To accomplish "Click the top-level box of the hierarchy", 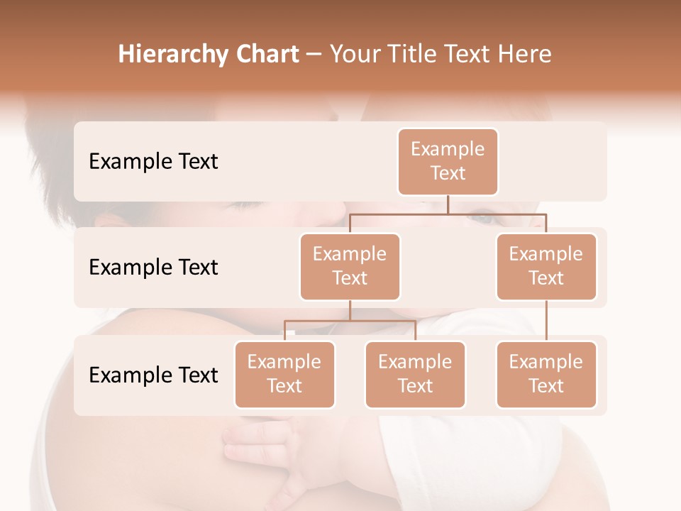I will (448, 162).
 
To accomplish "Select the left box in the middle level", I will (350, 267).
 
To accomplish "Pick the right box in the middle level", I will (546, 267).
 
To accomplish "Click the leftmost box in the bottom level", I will (284, 375).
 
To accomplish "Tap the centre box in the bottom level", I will (415, 375).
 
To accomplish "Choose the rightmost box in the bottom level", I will (546, 375).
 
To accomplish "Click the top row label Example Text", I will (153, 162).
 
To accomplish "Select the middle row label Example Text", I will (153, 268).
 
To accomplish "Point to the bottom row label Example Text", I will (153, 375).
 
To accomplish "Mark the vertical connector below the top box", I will (448, 204).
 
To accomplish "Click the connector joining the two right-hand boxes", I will (546, 321).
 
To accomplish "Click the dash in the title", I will (314, 55).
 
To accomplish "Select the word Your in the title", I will (353, 54).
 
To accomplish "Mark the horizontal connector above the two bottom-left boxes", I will (350, 322).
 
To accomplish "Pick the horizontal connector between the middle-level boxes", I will (448, 214).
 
